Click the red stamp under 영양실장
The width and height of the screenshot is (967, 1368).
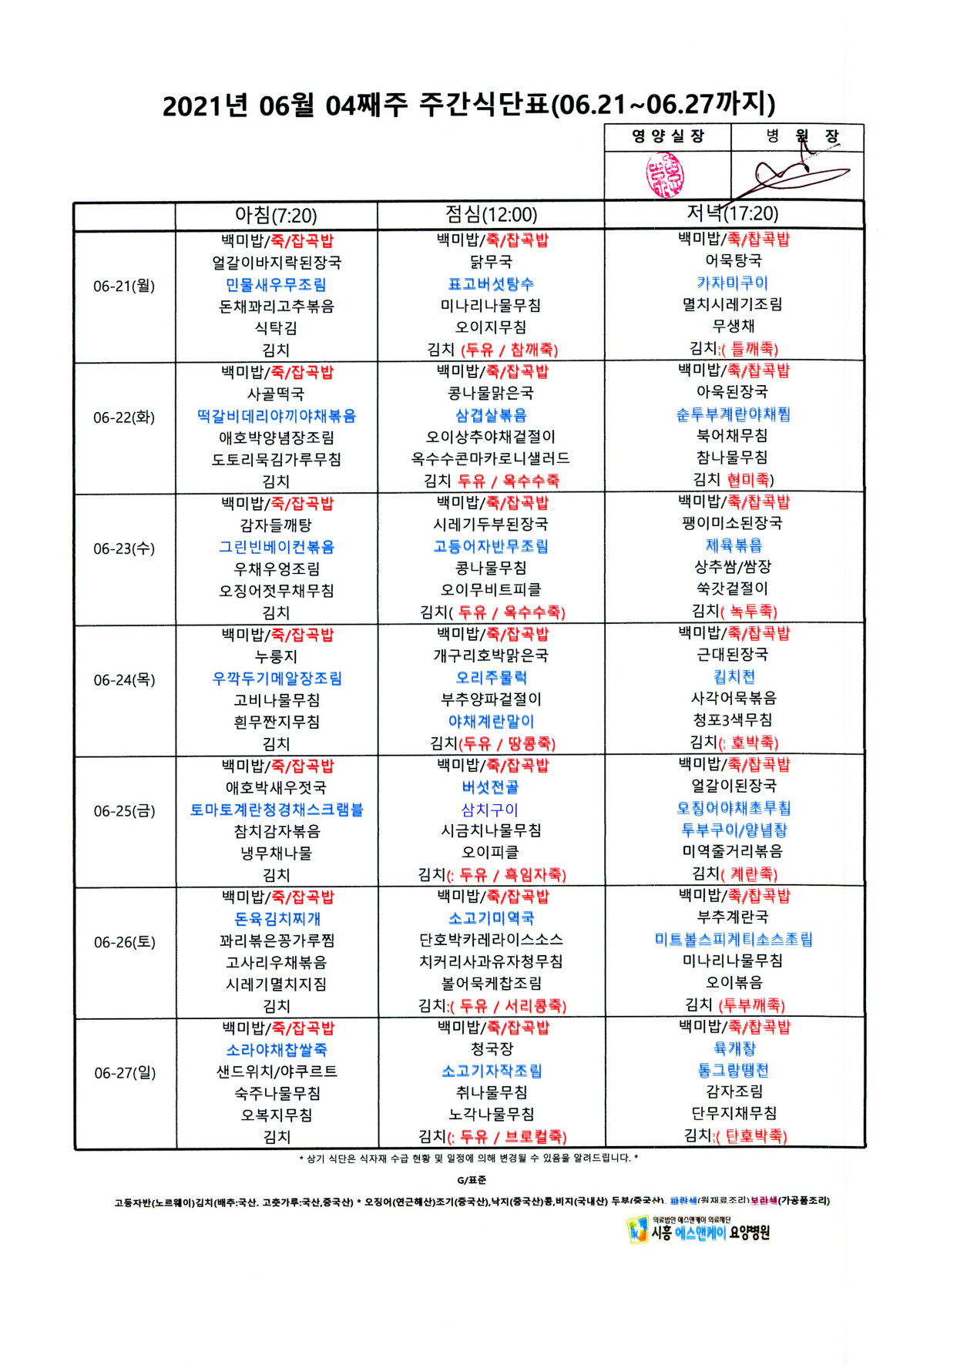point(665,175)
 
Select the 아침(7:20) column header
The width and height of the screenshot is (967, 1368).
point(276,215)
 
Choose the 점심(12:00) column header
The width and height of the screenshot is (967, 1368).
point(491,214)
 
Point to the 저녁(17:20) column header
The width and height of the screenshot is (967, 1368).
point(733,213)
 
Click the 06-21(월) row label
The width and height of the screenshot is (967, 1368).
point(124,286)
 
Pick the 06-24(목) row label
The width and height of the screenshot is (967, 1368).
point(124,680)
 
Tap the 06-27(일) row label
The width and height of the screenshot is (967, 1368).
point(125,1073)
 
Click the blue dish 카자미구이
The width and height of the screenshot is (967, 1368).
point(732,283)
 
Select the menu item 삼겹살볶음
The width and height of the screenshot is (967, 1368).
point(491,415)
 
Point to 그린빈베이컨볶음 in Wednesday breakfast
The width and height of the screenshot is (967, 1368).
point(276,547)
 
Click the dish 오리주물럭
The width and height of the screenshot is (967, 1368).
point(491,678)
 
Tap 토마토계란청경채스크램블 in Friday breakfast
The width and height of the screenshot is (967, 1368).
point(276,810)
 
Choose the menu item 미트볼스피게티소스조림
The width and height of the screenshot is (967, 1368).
point(733,939)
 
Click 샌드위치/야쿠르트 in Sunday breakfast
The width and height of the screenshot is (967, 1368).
point(276,1071)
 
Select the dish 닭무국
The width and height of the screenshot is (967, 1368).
point(491,262)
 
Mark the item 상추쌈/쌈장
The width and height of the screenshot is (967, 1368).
point(732,567)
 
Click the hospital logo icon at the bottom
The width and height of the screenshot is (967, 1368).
point(636,1230)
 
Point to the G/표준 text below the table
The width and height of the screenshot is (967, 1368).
point(472,1180)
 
